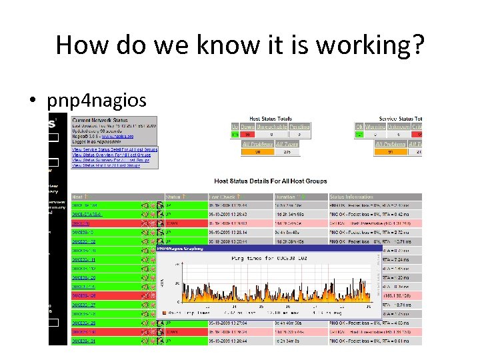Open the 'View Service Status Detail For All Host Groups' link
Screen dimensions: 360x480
(x=115, y=149)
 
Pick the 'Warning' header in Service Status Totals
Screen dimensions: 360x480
(x=379, y=127)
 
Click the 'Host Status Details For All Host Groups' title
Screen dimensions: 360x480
(x=270, y=181)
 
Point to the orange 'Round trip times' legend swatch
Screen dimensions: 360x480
(x=164, y=313)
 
